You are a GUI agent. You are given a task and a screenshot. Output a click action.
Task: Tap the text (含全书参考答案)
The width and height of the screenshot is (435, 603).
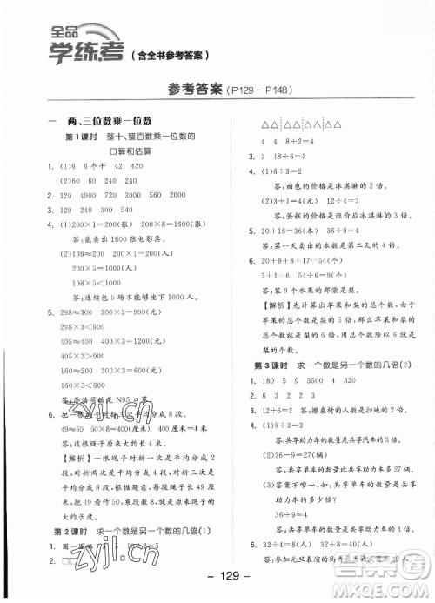(170, 58)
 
